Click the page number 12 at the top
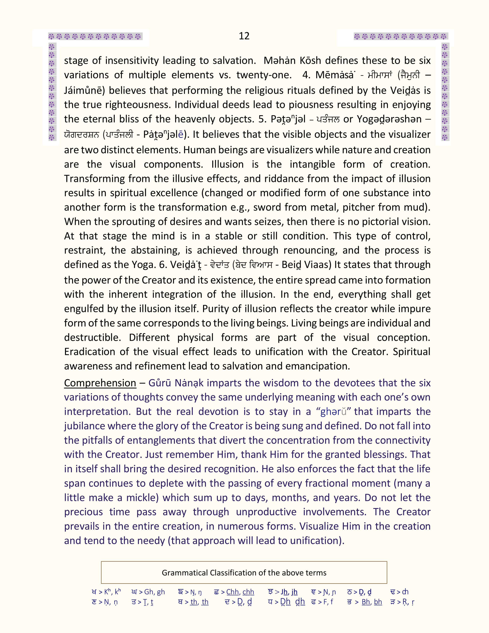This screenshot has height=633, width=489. coord(244,36)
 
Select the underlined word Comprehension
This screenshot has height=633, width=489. coord(100,383)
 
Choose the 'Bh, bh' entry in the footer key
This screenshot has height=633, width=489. coord(372,602)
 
